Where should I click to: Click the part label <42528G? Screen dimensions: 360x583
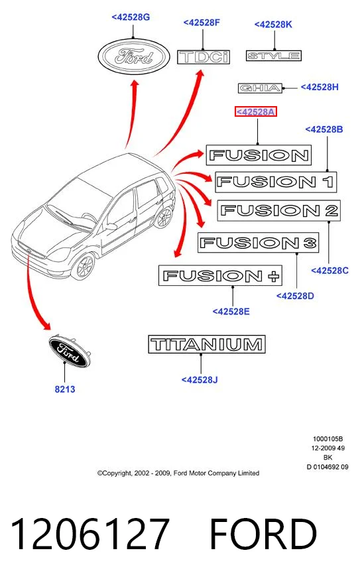(x=131, y=17)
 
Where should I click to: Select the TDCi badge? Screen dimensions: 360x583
(x=204, y=57)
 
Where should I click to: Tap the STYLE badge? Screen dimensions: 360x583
(x=273, y=56)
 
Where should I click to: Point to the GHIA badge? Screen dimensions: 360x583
(x=260, y=88)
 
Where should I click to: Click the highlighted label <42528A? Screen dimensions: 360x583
(x=256, y=111)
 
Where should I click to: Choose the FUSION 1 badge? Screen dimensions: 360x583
(x=276, y=182)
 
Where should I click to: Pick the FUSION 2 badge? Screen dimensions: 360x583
(x=278, y=211)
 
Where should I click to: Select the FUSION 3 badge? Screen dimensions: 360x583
(x=258, y=243)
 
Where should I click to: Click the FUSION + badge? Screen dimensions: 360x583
(x=220, y=275)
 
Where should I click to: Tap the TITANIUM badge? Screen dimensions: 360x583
(x=207, y=344)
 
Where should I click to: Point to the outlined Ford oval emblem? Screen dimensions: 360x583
(x=134, y=56)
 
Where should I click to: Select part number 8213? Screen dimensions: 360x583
(x=65, y=389)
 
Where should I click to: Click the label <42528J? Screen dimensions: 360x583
(x=200, y=379)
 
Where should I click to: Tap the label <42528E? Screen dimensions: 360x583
(x=231, y=312)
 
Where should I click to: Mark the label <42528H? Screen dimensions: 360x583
(x=320, y=87)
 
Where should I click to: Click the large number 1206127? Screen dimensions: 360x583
(x=90, y=534)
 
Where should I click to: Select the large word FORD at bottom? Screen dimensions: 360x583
(x=263, y=534)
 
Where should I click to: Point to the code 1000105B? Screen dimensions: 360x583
(x=328, y=438)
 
